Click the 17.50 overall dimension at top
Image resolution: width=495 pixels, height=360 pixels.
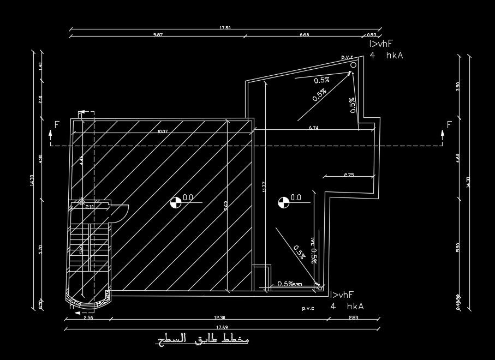pyautogui.click(x=225, y=28)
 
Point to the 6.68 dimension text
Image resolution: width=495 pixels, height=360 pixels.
pyautogui.click(x=305, y=35)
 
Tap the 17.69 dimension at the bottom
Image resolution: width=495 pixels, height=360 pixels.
pyautogui.click(x=222, y=327)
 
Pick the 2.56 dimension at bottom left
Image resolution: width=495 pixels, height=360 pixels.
pyautogui.click(x=88, y=317)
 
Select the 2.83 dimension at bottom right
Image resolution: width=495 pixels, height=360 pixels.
pyautogui.click(x=355, y=317)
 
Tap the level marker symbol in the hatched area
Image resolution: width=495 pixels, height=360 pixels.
pyautogui.click(x=176, y=203)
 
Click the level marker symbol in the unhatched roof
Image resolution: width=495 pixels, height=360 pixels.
pyautogui.click(x=283, y=203)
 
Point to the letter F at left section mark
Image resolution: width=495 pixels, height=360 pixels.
pyautogui.click(x=57, y=125)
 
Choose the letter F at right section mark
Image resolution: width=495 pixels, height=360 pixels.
pyautogui.click(x=449, y=125)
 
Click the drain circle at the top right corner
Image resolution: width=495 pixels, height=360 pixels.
pyautogui.click(x=353, y=65)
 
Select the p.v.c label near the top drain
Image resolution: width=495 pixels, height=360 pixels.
pyautogui.click(x=347, y=57)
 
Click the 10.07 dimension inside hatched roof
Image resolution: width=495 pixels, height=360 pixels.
pyautogui.click(x=162, y=131)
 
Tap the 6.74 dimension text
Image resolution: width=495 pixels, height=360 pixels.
pyautogui.click(x=313, y=128)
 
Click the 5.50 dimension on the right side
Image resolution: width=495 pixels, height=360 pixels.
pyautogui.click(x=458, y=247)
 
